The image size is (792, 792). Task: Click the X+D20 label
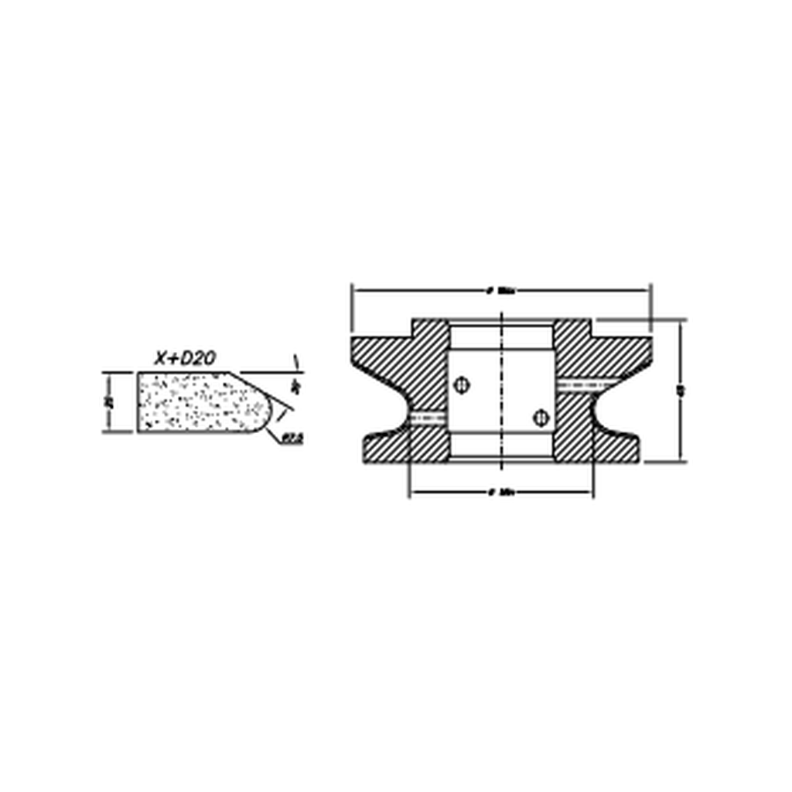(185, 357)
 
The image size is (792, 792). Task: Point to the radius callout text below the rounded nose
(292, 439)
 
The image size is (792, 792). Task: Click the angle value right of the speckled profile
(297, 384)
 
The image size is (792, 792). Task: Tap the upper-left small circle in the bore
(462, 384)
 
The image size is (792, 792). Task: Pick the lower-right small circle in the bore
(541, 418)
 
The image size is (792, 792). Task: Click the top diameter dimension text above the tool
(501, 292)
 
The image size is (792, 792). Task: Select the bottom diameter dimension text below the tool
(501, 492)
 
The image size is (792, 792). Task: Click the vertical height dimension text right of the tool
(680, 391)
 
